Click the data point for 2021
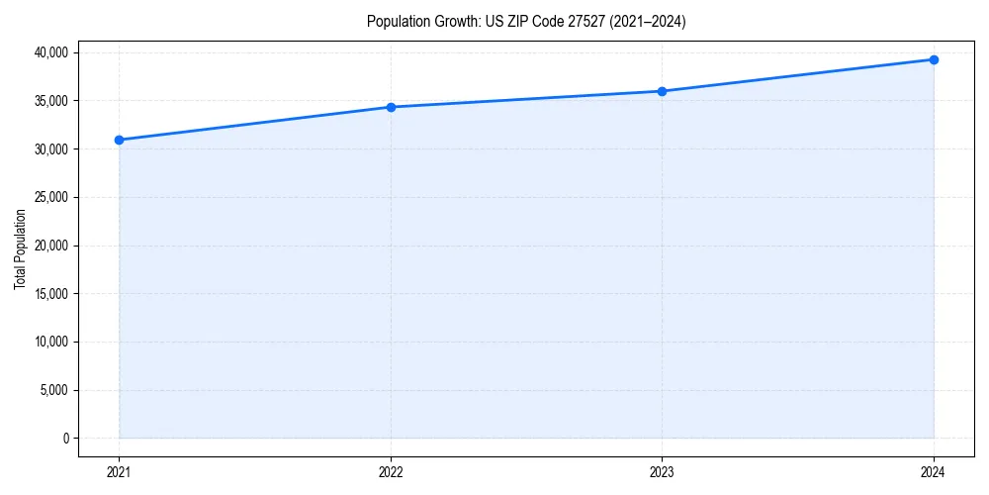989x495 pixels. (119, 140)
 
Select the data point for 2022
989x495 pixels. (391, 107)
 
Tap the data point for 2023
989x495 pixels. (662, 91)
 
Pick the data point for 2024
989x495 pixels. (934, 59)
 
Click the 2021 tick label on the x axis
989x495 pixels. (119, 472)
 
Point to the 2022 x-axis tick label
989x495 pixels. (391, 472)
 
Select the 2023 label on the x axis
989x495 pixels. (662, 472)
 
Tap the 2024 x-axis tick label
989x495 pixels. (934, 472)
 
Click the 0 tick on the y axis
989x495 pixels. (66, 439)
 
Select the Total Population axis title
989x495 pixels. (20, 248)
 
